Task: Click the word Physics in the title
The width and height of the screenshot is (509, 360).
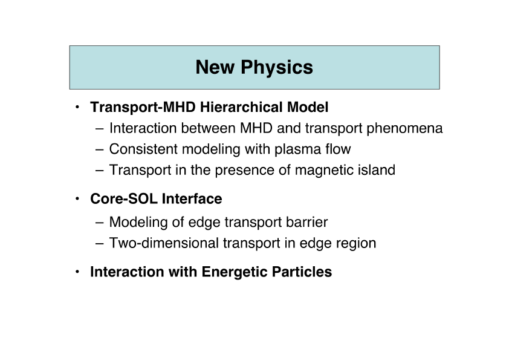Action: [x=277, y=68]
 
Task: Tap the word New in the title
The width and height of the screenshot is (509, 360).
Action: [x=215, y=67]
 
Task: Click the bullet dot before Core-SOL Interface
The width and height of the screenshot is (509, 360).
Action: [x=77, y=198]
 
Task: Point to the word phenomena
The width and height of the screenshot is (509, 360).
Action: [x=404, y=129]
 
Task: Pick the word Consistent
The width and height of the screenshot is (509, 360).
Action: [x=143, y=149]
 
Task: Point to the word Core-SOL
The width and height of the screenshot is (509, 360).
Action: [x=124, y=198]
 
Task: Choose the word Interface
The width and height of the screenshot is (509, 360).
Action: [x=192, y=198]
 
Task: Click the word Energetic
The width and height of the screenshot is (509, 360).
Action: [x=235, y=272]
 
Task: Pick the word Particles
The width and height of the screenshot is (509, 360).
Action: [x=302, y=272]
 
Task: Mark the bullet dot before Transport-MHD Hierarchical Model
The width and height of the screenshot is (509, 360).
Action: [x=77, y=106]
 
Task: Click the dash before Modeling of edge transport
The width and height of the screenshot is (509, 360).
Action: [x=100, y=223]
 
